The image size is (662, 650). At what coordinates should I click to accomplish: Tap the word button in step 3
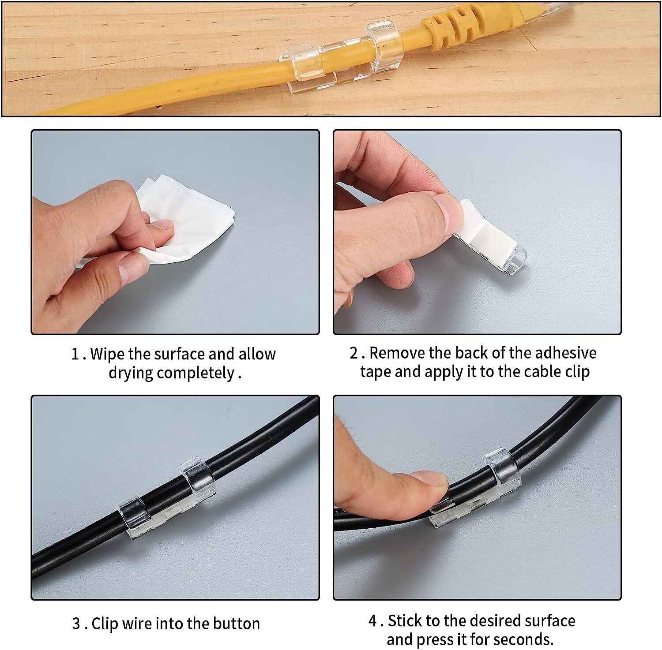237,624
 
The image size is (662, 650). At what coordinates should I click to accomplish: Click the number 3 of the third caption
76,624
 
